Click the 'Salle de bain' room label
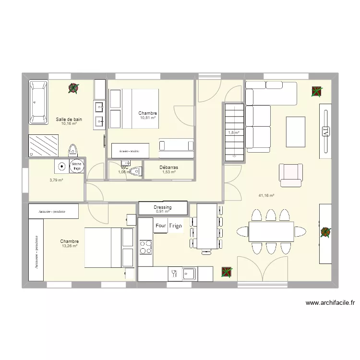click(69, 119)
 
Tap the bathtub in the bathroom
click(38, 102)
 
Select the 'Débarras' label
click(169, 168)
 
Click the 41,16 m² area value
click(266, 195)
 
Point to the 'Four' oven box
click(160, 225)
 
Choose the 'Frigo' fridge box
click(176, 225)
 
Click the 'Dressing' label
click(163, 207)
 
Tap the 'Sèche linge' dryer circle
click(77, 166)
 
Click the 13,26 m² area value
click(70, 246)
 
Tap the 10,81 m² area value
click(148, 118)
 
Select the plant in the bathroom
click(73, 88)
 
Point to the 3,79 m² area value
click(56, 180)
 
